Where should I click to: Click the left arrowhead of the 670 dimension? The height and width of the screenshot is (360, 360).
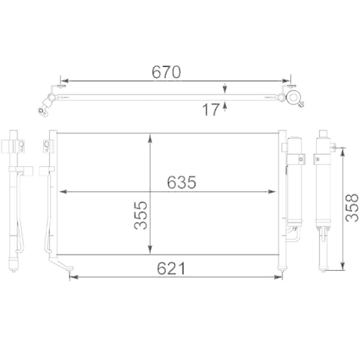(63, 81)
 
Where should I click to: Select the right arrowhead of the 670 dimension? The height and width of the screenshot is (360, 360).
(288, 81)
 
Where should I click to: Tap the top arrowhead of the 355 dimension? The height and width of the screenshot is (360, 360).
(149, 137)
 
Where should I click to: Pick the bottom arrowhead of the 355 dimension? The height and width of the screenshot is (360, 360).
(149, 253)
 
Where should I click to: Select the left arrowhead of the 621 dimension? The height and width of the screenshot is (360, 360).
(73, 277)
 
